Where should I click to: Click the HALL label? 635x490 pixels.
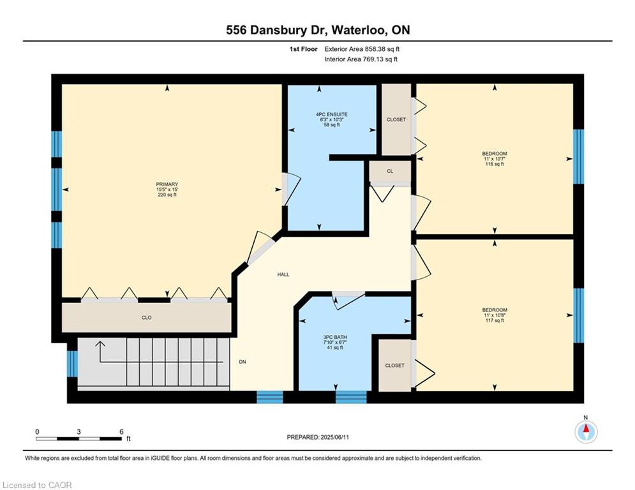pyautogui.click(x=283, y=274)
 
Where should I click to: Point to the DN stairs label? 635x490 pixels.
pyautogui.click(x=242, y=362)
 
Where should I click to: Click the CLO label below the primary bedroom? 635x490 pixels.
pyautogui.click(x=147, y=318)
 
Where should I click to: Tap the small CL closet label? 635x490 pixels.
pyautogui.click(x=390, y=171)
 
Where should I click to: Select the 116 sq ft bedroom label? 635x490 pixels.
pyautogui.click(x=495, y=159)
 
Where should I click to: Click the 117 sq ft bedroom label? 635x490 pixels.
pyautogui.click(x=495, y=315)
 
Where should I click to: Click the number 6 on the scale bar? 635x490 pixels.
pyautogui.click(x=121, y=432)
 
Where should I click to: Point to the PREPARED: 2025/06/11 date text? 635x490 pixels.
pyautogui.click(x=318, y=437)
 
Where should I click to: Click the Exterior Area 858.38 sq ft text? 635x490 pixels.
pyautogui.click(x=362, y=49)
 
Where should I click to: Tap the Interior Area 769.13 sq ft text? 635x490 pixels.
pyautogui.click(x=361, y=59)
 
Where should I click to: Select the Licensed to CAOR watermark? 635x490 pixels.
pyautogui.click(x=37, y=485)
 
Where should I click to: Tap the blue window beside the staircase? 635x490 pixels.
pyautogui.click(x=72, y=364)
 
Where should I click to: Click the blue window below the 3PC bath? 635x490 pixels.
pyautogui.click(x=351, y=397)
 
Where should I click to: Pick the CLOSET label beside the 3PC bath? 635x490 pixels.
pyautogui.click(x=395, y=366)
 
